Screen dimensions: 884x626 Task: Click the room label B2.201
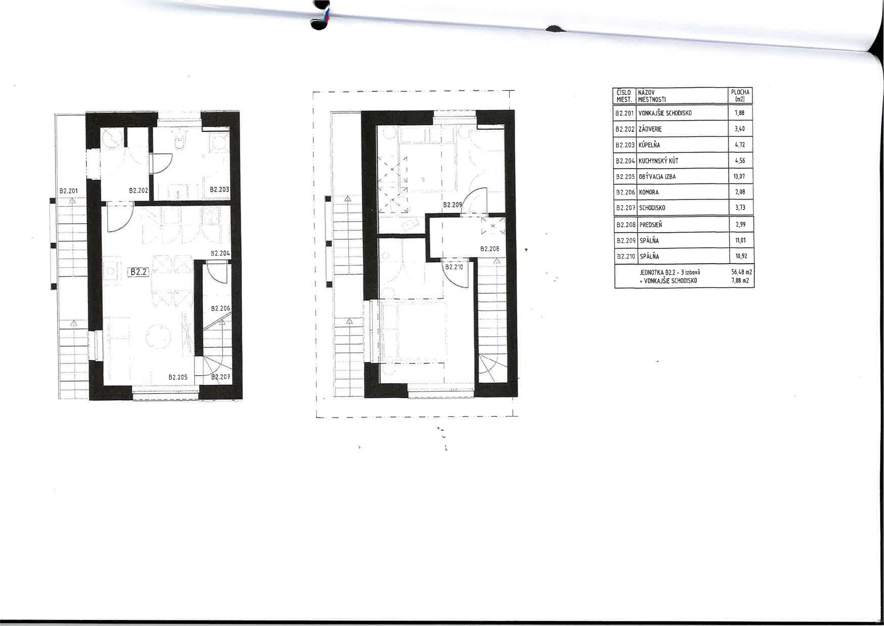pos(69,191)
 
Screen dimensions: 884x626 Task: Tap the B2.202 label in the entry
pos(138,191)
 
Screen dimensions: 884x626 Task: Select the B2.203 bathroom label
pos(219,190)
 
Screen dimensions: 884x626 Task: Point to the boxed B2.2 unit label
pos(138,272)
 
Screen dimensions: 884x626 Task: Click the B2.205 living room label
pos(178,377)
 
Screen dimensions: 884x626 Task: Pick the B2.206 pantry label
pos(220,308)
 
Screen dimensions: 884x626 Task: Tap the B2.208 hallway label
pos(489,249)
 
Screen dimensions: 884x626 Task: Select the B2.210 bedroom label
pos(454,267)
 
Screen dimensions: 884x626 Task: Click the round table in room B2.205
pos(159,336)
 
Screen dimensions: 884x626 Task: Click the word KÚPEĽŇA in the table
pos(649,145)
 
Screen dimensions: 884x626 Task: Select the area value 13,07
pos(740,177)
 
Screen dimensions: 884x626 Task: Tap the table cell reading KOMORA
pos(648,192)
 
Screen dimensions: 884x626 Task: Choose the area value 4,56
pos(740,161)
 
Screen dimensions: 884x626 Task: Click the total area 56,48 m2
pos(742,272)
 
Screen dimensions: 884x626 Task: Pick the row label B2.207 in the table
pos(625,208)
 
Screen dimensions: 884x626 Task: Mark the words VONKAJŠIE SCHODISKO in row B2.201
pos(665,113)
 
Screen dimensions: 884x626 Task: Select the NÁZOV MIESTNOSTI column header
pos(652,95)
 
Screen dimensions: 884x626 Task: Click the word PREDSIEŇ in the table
pos(650,225)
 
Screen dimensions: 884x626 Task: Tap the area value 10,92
pos(740,256)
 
